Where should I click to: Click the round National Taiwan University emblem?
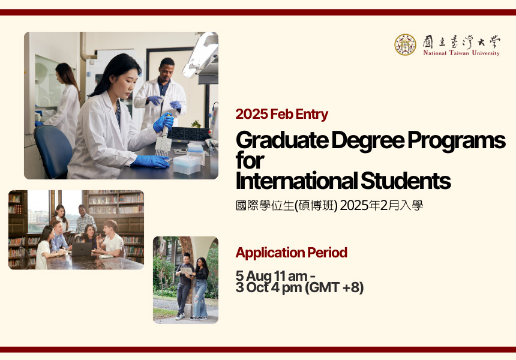pyautogui.click(x=405, y=44)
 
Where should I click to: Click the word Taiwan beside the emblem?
pyautogui.click(x=459, y=53)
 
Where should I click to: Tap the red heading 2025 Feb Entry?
pyautogui.click(x=281, y=114)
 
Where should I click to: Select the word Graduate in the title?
pyautogui.click(x=282, y=140)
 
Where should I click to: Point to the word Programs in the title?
pyautogui.click(x=457, y=140)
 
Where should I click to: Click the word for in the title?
pyautogui.click(x=250, y=161)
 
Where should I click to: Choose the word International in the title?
pyautogui.click(x=296, y=181)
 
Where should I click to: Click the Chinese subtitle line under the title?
pyautogui.click(x=329, y=205)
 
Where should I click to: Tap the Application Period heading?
pyautogui.click(x=291, y=253)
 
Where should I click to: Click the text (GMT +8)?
pyautogui.click(x=334, y=287)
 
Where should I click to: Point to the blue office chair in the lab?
pyautogui.click(x=53, y=150)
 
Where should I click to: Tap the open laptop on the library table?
pyautogui.click(x=81, y=249)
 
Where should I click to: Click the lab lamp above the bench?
pyautogui.click(x=200, y=55)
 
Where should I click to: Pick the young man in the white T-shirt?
pyautogui.click(x=110, y=239)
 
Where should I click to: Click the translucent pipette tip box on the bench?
pyautogui.click(x=187, y=164)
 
